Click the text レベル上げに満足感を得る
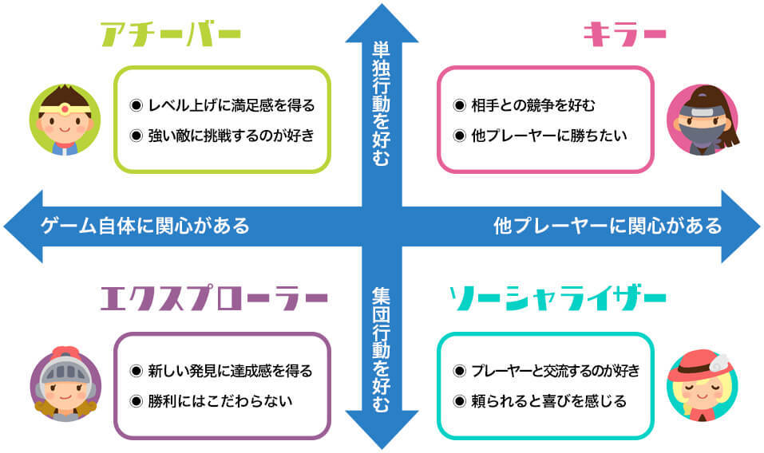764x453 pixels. coord(231,104)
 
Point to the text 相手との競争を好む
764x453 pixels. coord(534,104)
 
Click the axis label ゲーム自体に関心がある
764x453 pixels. coord(145,226)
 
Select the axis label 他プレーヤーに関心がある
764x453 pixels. coord(608,226)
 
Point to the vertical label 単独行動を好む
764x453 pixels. coord(382,104)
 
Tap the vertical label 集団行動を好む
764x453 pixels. coord(382,349)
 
